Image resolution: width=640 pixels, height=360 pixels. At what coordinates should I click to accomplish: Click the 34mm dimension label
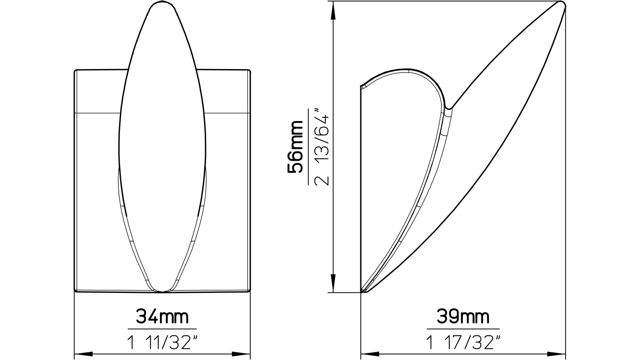(162, 317)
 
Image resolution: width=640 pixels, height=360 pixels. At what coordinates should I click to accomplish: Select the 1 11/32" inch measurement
(162, 342)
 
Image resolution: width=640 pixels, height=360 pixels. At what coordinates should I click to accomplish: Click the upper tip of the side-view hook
(562, 5)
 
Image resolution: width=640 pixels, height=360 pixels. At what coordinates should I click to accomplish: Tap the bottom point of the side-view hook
(363, 292)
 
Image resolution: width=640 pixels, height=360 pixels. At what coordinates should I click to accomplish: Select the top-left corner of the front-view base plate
(76, 71)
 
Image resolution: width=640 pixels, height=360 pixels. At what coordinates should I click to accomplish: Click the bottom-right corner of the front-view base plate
(250, 292)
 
